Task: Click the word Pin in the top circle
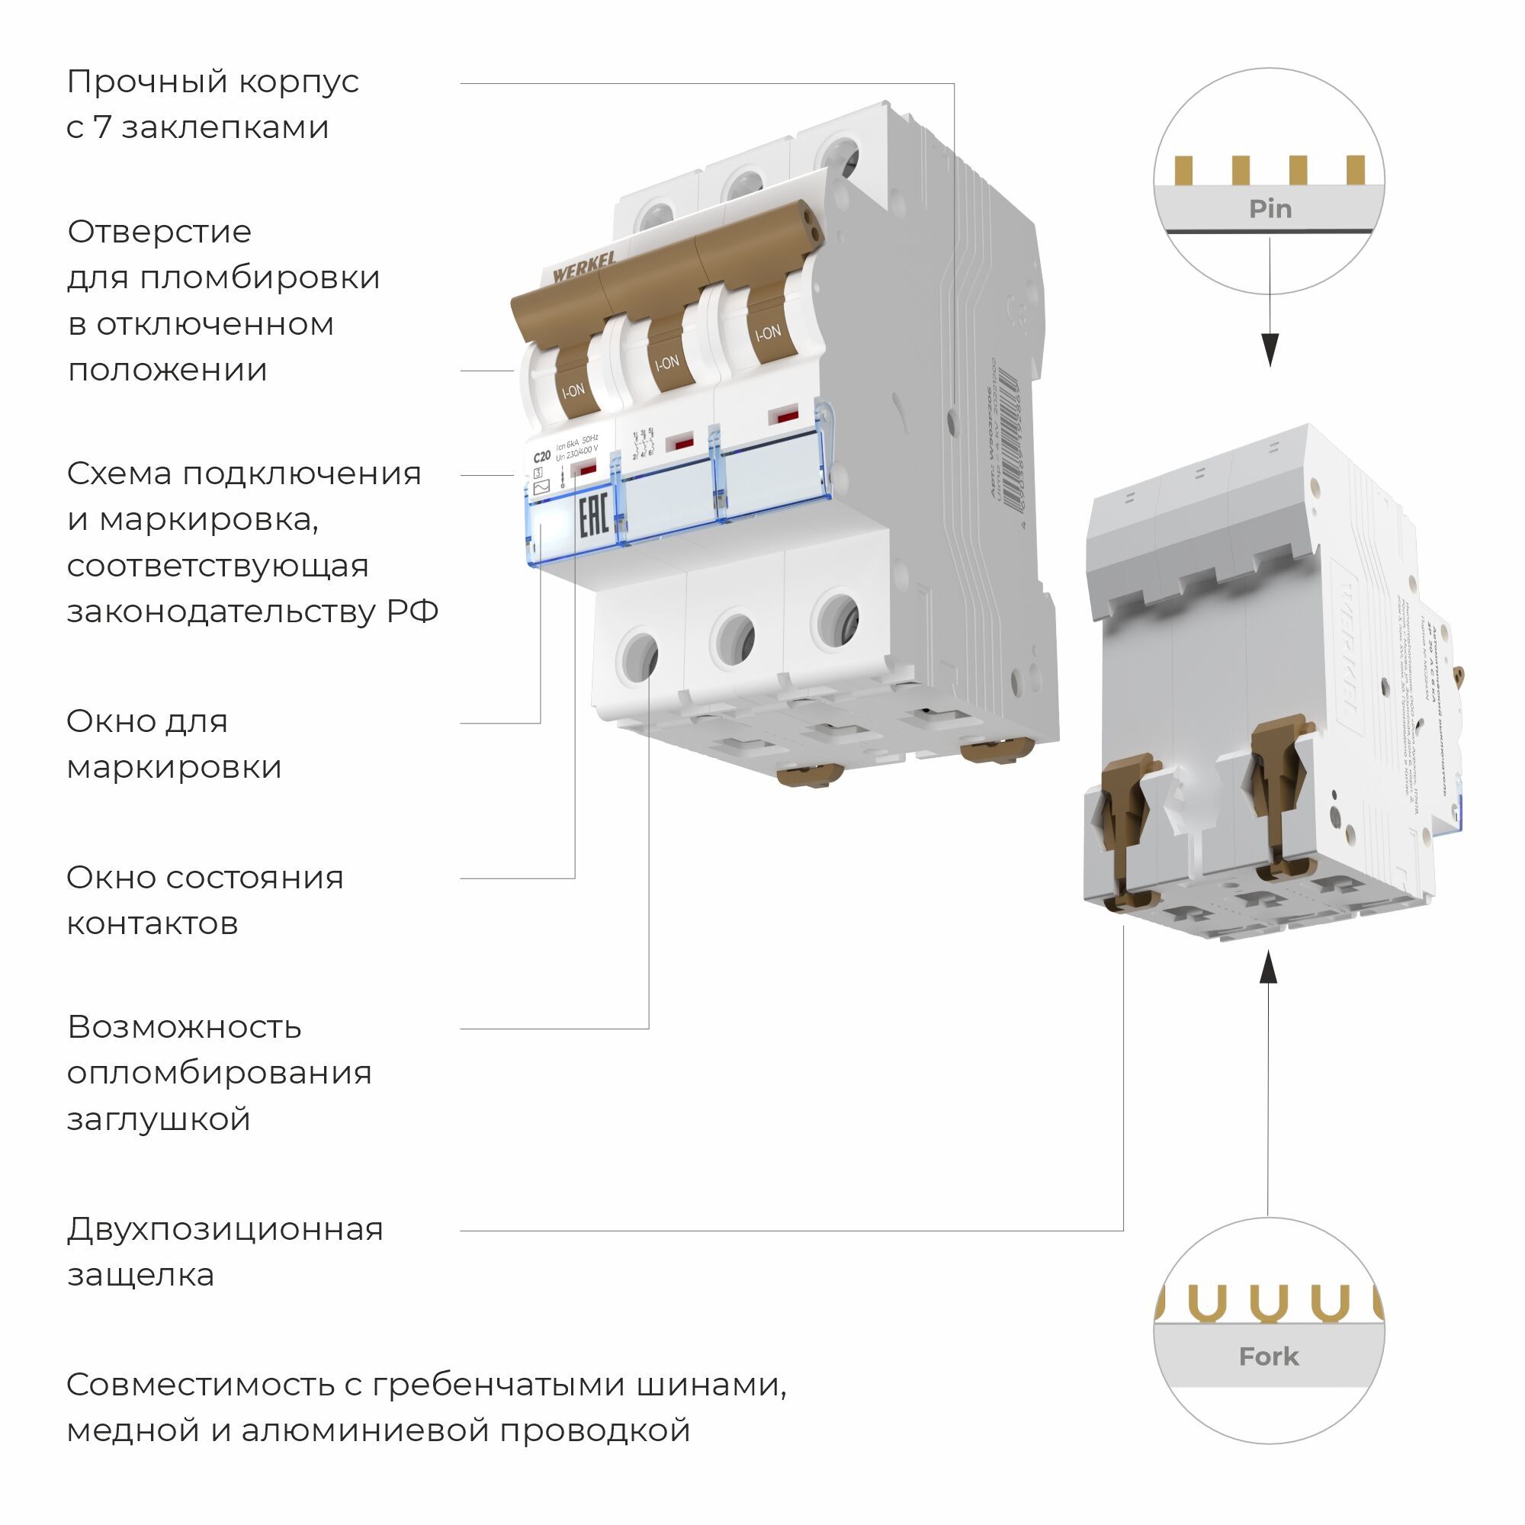pyautogui.click(x=1270, y=209)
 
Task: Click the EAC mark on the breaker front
pyautogui.click(x=592, y=518)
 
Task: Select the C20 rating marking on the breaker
pyautogui.click(x=541, y=456)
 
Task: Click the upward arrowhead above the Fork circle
pyautogui.click(x=1268, y=968)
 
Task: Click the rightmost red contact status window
pyautogui.click(x=783, y=416)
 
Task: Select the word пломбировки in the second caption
pyautogui.click(x=260, y=278)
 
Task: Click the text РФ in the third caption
pyautogui.click(x=412, y=612)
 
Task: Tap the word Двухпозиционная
pyautogui.click(x=225, y=1229)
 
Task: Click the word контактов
pyautogui.click(x=152, y=923)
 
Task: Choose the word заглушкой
pyautogui.click(x=159, y=1119)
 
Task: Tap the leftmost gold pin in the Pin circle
pyautogui.click(x=1183, y=170)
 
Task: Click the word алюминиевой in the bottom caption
pyautogui.click(x=365, y=1430)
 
